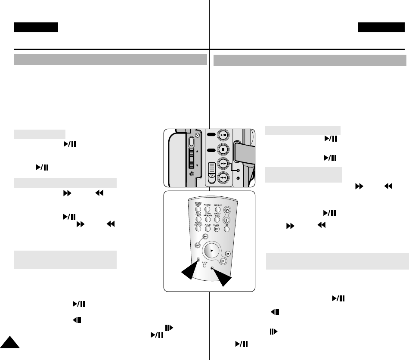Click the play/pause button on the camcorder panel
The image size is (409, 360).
(223, 135)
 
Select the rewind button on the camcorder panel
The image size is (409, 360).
(223, 177)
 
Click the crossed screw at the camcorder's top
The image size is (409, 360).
(197, 135)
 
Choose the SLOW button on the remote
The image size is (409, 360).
(217, 229)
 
